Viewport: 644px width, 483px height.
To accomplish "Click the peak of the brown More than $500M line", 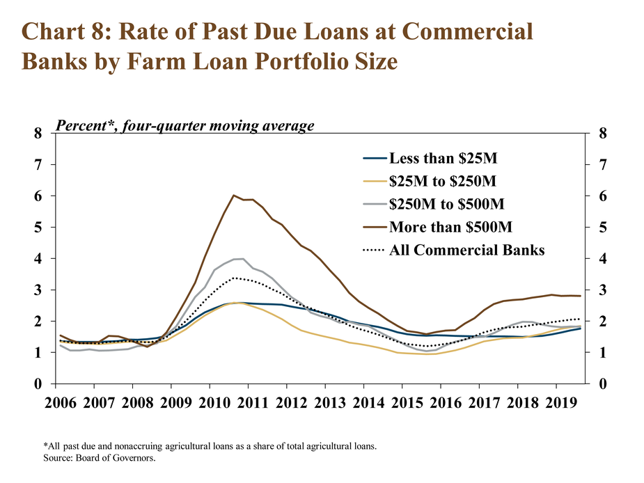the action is [233, 196].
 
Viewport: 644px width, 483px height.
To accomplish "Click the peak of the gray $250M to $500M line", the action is [243, 259].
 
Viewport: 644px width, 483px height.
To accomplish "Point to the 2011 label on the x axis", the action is [253, 403].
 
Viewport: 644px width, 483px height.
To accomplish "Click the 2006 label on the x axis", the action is [61, 403].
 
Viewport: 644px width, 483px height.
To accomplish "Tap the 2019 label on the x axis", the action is [561, 403].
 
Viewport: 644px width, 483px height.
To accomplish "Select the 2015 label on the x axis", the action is [407, 403].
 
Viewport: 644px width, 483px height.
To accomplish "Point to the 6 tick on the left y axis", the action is [38, 196].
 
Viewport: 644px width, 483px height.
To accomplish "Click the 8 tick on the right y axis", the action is [602, 134].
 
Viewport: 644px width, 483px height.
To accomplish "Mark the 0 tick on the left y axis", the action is [38, 383].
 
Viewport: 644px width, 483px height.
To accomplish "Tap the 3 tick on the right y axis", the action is [602, 290].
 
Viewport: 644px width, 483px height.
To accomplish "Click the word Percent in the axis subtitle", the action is [81, 125].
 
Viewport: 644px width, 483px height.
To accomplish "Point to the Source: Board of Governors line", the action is [100, 457].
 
